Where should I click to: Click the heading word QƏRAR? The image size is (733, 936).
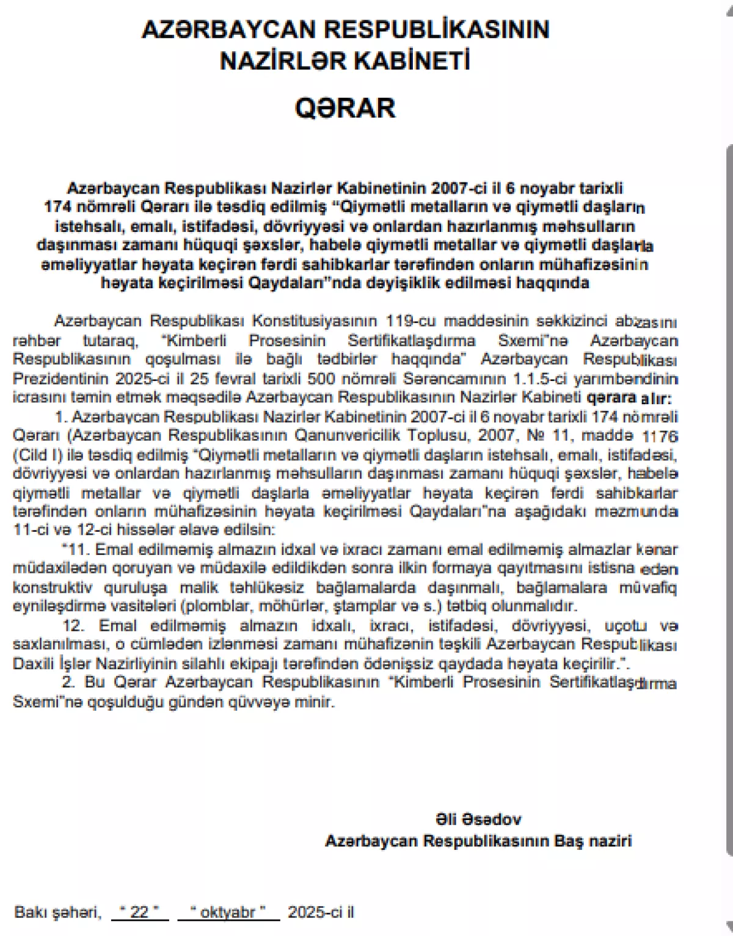pyautogui.click(x=345, y=108)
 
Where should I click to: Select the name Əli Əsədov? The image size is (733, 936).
pyautogui.click(x=478, y=819)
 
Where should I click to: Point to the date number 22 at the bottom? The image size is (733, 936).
pyautogui.click(x=140, y=912)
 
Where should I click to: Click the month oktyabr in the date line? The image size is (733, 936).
pyautogui.click(x=228, y=912)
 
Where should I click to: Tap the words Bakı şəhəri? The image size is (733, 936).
pyautogui.click(x=57, y=912)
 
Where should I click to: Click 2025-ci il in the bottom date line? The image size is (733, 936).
pyautogui.click(x=321, y=912)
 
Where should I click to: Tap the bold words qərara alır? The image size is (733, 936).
pyautogui.click(x=628, y=398)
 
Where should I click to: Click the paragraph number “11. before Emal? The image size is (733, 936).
pyautogui.click(x=77, y=549)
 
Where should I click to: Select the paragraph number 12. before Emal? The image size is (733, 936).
pyautogui.click(x=75, y=626)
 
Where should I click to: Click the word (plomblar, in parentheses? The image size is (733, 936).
pyautogui.click(x=216, y=606)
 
